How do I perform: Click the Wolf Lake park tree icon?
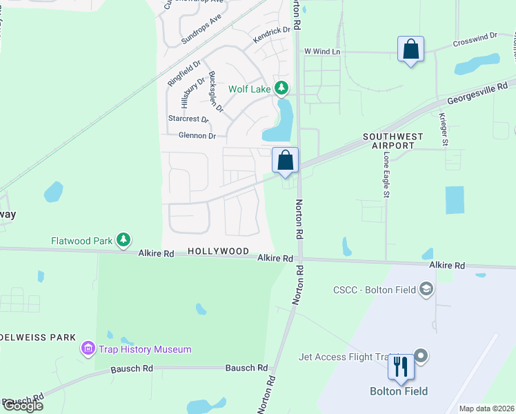point(281,88)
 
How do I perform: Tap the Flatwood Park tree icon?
point(123,240)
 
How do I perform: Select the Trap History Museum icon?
point(88,349)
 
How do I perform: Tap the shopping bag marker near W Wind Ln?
point(410,50)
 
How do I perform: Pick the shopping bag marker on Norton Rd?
point(285,161)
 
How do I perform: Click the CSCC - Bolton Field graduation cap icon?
point(427,289)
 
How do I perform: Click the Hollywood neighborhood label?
point(218,252)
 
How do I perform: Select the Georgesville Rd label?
point(477,96)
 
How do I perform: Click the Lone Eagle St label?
point(386,177)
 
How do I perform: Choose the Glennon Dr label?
point(197,135)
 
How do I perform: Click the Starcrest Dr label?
point(188,119)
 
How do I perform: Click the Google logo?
point(23,406)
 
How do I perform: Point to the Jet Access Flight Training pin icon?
point(421,356)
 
